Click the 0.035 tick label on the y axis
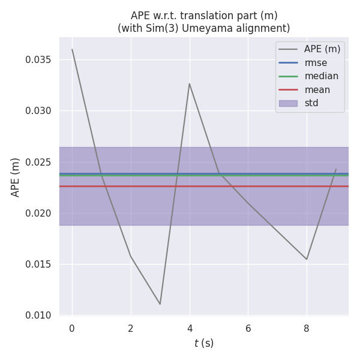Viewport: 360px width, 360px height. tap(38, 60)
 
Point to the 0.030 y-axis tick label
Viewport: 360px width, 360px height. tap(38, 111)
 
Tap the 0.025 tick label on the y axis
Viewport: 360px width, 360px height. tap(38, 162)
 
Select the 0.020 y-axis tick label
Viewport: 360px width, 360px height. tap(38, 213)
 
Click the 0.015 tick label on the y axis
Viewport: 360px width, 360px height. tap(38, 265)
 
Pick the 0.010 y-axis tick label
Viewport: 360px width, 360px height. tap(38, 316)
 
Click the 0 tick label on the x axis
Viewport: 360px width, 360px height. tap(72, 328)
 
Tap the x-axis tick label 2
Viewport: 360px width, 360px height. tap(131, 328)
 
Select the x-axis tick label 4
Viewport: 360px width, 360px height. tap(190, 328)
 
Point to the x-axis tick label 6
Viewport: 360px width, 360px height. tap(248, 328)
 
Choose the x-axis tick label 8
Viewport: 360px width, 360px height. tap(307, 328)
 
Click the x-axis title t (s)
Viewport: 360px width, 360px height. tap(204, 343)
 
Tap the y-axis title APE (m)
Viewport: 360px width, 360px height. tap(16, 177)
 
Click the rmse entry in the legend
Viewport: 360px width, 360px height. tap(315, 62)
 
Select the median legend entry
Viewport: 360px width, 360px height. tap(321, 76)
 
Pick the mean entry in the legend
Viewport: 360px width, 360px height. tap(317, 89)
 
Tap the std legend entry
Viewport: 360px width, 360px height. tap(311, 103)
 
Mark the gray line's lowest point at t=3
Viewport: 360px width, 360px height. tap(160, 304)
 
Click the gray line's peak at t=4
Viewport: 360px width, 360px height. tap(190, 83)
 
